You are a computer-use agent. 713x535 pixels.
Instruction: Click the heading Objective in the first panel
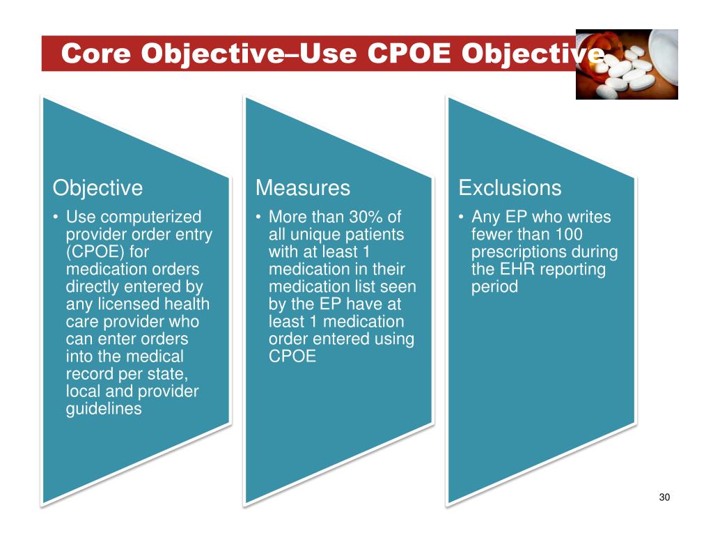click(x=97, y=188)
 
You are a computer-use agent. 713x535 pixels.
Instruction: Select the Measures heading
click(x=302, y=188)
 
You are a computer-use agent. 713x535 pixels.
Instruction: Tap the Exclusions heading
click(x=510, y=188)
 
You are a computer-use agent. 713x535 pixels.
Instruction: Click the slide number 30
click(x=664, y=497)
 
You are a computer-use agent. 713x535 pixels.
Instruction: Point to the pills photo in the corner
click(x=627, y=64)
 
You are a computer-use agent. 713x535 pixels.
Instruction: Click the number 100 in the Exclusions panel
click(x=569, y=235)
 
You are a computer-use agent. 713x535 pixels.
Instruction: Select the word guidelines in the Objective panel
click(x=104, y=409)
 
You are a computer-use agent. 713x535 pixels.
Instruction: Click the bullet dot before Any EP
click(x=462, y=217)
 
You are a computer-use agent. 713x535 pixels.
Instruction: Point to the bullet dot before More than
click(x=258, y=217)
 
